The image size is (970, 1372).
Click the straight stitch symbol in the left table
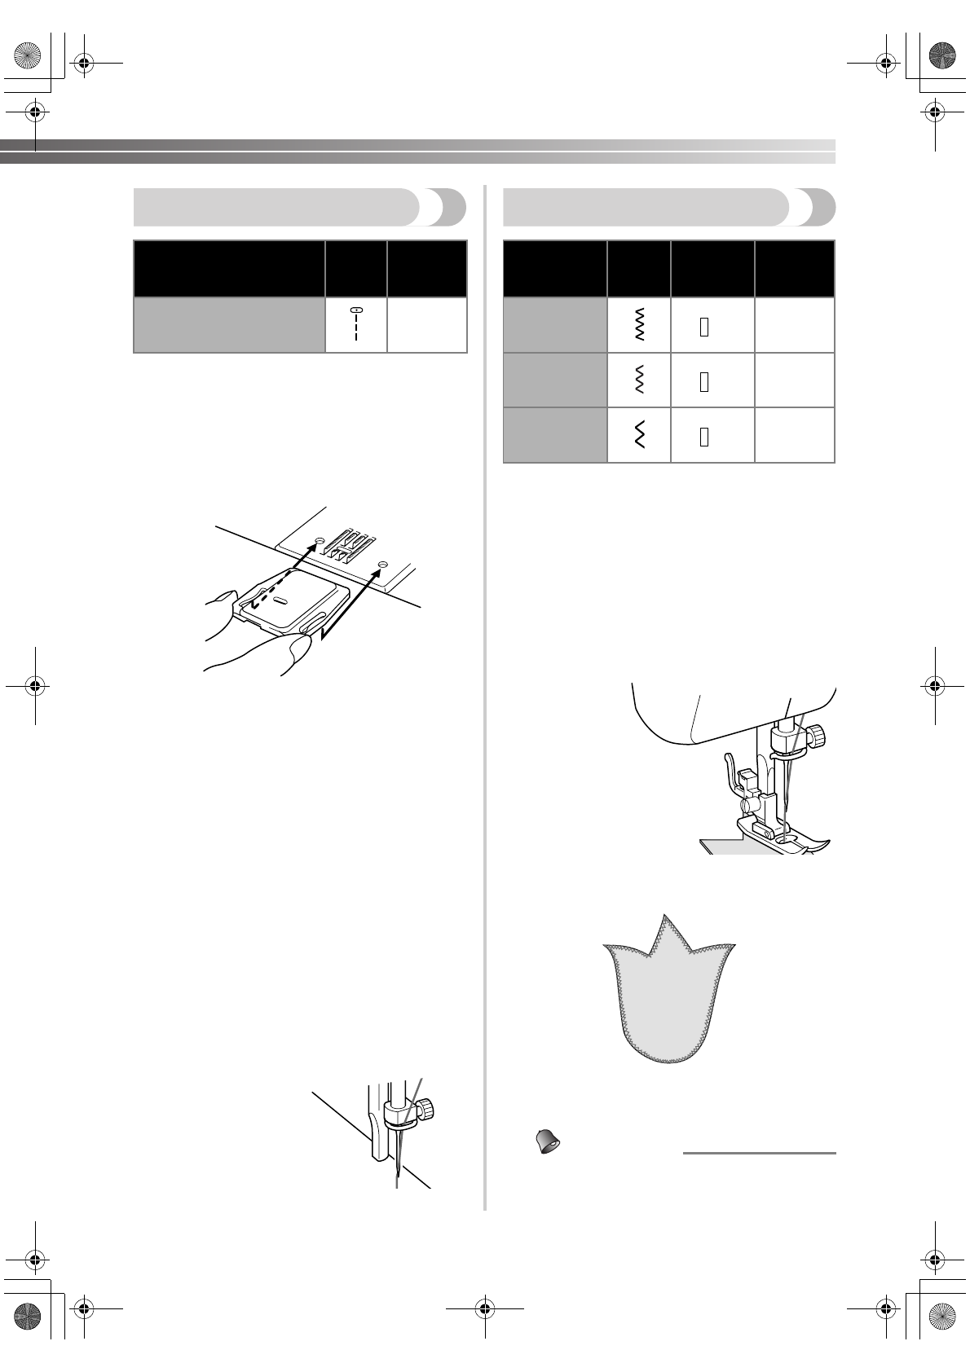pos(356,324)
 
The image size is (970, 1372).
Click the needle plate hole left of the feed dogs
pos(320,540)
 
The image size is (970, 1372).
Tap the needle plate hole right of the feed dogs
pos(381,564)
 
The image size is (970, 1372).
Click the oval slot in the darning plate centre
pos(280,600)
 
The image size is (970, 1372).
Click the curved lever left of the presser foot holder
pos(728,770)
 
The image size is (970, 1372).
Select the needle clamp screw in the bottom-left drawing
pos(424,1108)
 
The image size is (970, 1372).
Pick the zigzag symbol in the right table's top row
pos(639,324)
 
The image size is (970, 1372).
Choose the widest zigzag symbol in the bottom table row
pos(639,436)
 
